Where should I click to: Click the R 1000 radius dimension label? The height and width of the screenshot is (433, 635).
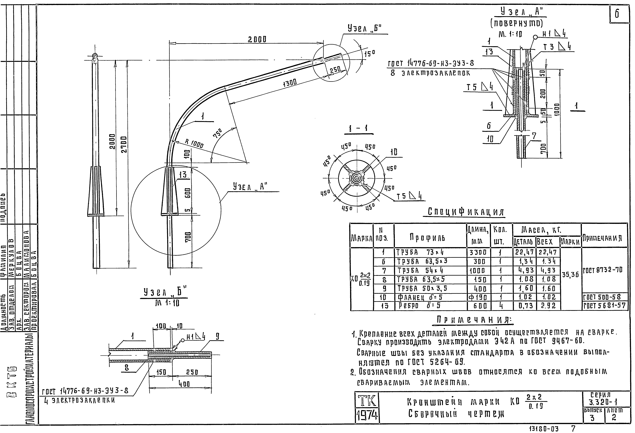[194, 144]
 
